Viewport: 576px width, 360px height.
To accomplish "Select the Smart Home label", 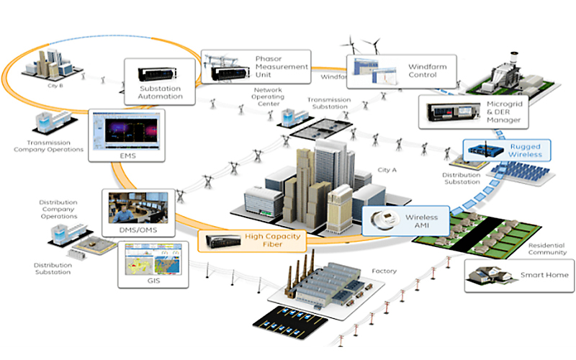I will click(544, 275).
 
